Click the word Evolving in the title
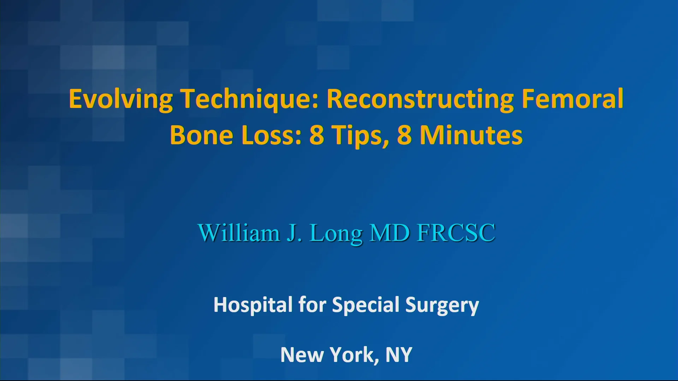(x=121, y=99)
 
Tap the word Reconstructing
(x=420, y=99)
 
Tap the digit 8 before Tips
(x=316, y=135)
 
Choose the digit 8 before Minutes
(x=404, y=135)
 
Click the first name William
(x=239, y=233)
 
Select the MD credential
(x=389, y=233)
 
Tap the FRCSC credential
(x=456, y=233)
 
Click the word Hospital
(x=253, y=305)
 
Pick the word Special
(x=365, y=305)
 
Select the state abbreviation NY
(x=399, y=355)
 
